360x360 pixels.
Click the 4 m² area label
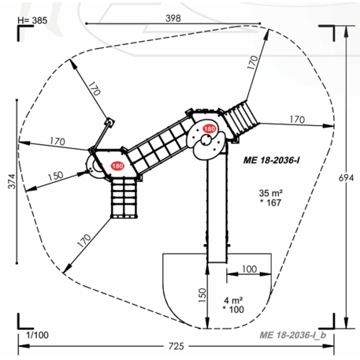coord(234,299)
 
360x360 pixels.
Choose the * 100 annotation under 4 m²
coord(234,310)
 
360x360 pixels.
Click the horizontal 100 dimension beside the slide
coord(249,269)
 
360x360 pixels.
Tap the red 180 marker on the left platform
coord(117,165)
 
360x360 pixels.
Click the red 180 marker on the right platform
coord(210,129)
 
